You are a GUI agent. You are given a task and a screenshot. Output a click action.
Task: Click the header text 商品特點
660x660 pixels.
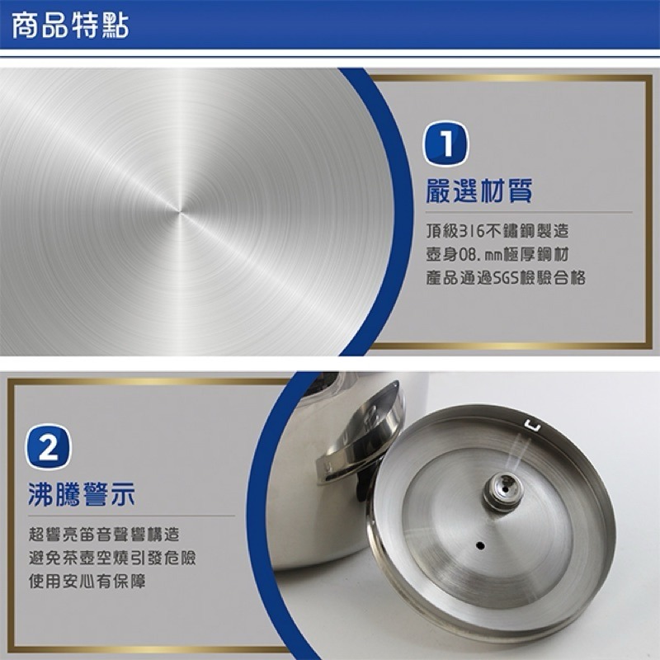click(x=69, y=26)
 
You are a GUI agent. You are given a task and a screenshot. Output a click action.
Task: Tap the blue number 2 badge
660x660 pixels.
click(x=49, y=448)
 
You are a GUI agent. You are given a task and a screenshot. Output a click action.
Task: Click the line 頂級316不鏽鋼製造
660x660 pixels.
click(x=497, y=231)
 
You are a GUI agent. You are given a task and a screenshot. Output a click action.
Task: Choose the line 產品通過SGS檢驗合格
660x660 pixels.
click(x=506, y=278)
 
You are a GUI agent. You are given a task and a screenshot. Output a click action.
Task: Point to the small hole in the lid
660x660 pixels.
click(x=479, y=545)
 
